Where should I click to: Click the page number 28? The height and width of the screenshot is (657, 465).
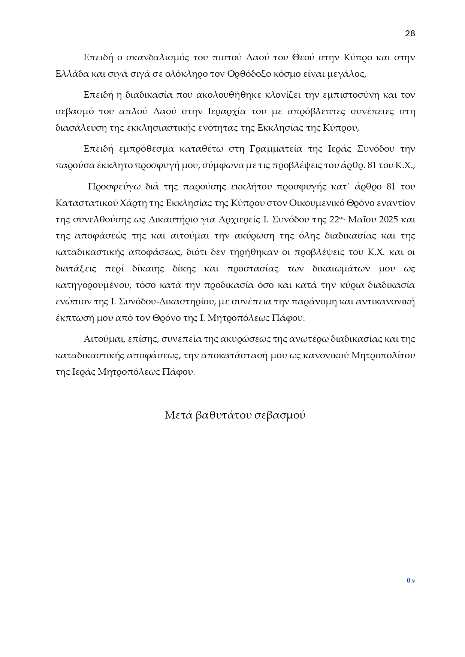(410, 34)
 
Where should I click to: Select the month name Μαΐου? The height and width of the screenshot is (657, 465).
(362, 219)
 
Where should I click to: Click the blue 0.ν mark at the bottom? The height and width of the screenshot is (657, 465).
(411, 581)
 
